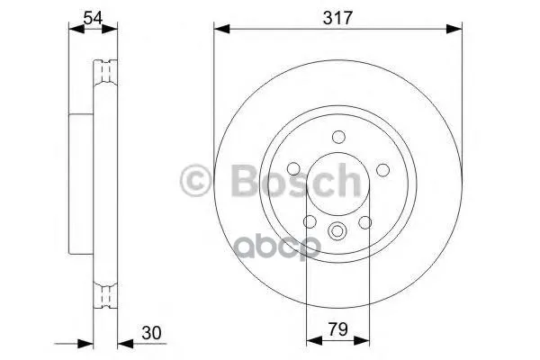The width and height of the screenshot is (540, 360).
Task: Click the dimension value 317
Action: click(x=337, y=18)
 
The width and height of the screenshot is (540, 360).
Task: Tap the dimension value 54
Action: click(x=93, y=18)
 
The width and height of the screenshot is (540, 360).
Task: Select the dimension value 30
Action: click(x=151, y=333)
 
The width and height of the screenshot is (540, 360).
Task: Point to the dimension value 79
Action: click(x=337, y=329)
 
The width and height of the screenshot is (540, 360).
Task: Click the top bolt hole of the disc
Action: click(x=338, y=137)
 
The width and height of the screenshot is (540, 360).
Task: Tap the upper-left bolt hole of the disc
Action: click(x=293, y=168)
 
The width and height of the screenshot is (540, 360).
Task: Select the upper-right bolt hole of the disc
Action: click(x=382, y=169)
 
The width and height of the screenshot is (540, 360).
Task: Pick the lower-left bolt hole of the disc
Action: click(x=310, y=221)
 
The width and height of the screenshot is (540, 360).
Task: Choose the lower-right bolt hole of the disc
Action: click(x=365, y=222)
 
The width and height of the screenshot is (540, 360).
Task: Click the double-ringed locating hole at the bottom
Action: click(x=337, y=230)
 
